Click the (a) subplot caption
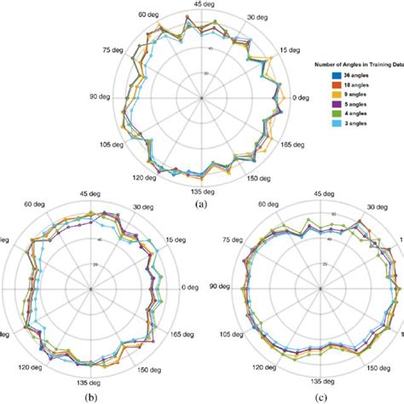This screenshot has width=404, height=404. coord(200,205)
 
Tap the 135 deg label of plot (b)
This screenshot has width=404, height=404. coord(90,384)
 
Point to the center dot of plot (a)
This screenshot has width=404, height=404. coord(201,98)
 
